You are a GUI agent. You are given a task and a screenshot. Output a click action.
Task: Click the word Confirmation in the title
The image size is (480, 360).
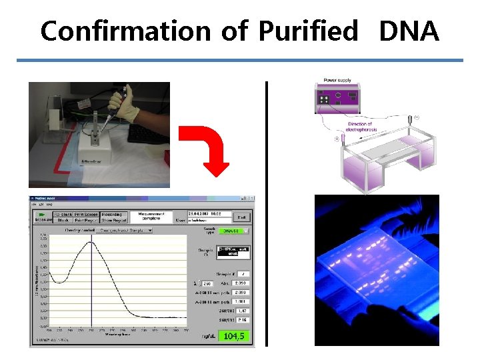126,31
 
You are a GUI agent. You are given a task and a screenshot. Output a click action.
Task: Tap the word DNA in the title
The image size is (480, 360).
409,31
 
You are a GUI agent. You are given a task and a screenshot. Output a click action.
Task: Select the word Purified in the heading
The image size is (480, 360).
307,31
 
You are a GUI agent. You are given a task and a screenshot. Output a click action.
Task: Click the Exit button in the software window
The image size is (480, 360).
242,216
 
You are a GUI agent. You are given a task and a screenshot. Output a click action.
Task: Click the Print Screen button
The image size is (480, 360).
87,213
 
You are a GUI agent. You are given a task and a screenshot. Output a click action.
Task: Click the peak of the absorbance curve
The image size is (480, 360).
91,242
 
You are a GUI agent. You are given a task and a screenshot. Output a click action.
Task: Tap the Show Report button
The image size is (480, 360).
114,219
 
